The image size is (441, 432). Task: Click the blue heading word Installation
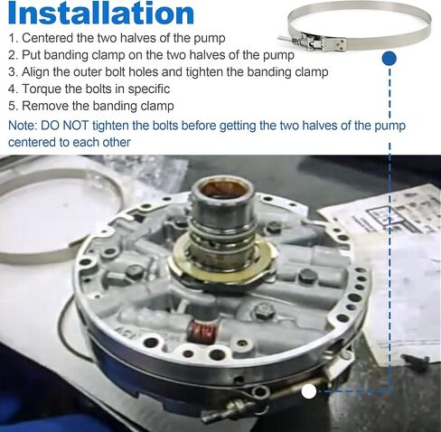tap(101, 13)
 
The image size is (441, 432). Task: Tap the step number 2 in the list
tap(12, 55)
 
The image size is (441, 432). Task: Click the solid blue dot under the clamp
tap(389, 58)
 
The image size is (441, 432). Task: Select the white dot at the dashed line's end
tap(309, 391)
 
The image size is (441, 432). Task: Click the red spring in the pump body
tap(202, 331)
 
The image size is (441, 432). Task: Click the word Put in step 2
tap(33, 55)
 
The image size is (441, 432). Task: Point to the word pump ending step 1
tap(210, 39)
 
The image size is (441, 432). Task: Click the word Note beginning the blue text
tap(22, 126)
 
